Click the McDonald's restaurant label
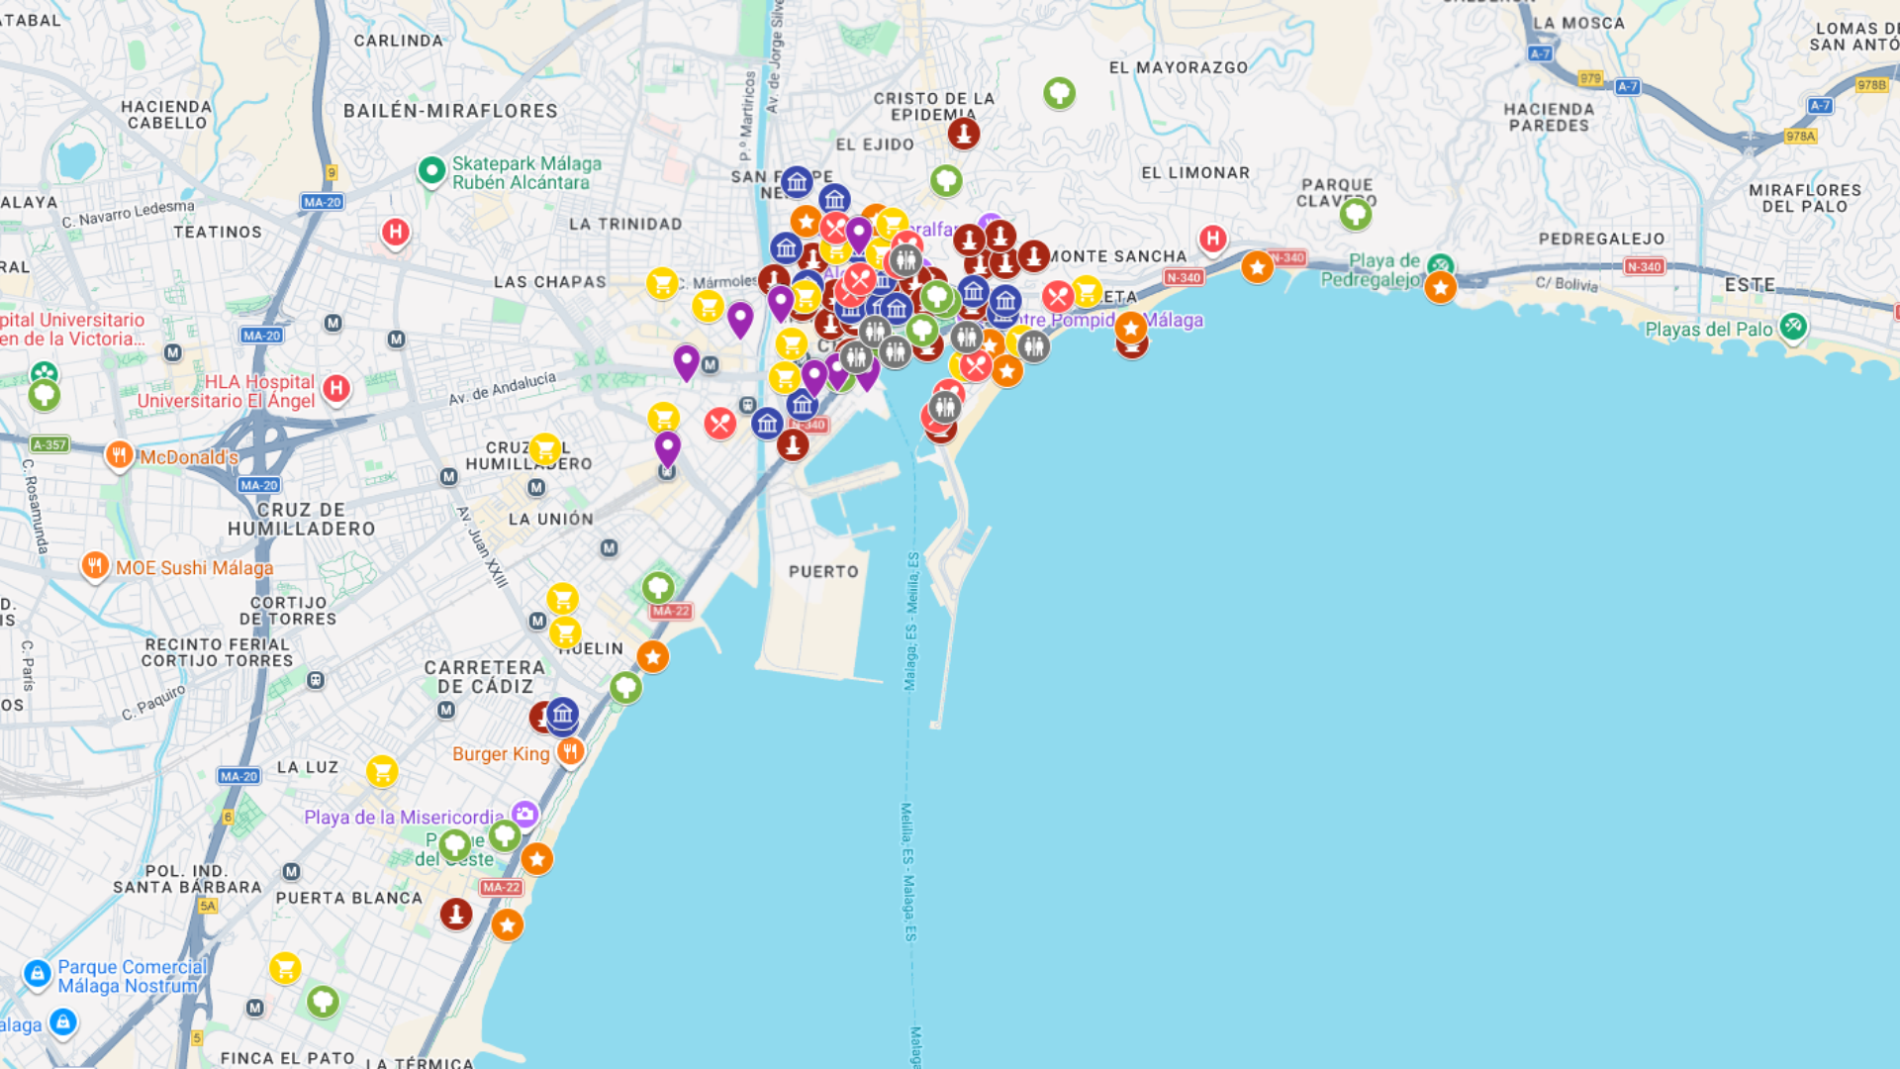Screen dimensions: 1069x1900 [x=188, y=457]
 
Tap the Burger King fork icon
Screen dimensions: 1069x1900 [x=570, y=751]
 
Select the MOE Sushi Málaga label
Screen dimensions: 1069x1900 [x=194, y=568]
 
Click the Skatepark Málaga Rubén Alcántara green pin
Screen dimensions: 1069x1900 [x=431, y=170]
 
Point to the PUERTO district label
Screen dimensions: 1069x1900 [x=823, y=572]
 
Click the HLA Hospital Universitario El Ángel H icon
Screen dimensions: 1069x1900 [x=336, y=388]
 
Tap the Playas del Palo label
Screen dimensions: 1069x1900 [x=1708, y=330]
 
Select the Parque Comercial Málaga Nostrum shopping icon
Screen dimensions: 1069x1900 [x=38, y=974]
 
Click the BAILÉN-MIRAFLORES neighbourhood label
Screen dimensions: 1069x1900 [x=450, y=111]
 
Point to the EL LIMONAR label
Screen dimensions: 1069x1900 [x=1195, y=173]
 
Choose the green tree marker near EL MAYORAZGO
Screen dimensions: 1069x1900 [x=1059, y=93]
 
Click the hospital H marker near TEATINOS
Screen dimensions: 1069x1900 [x=396, y=233]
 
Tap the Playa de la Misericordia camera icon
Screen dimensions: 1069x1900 [x=525, y=814]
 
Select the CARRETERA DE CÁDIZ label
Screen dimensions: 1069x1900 [x=485, y=677]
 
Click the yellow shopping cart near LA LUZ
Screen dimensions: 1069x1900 [x=382, y=770]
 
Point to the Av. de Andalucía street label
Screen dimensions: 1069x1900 [x=502, y=388]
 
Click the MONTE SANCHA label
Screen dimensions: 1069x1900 [x=1118, y=256]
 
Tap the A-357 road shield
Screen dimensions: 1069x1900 [x=49, y=444]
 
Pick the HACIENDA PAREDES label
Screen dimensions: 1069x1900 [x=1549, y=117]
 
